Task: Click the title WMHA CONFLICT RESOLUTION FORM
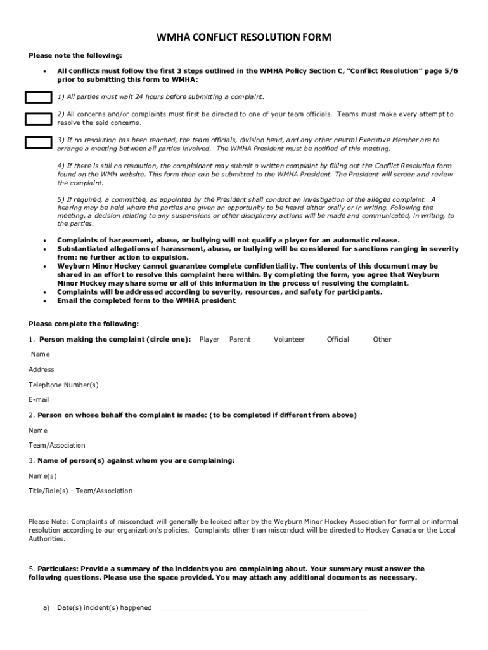[x=244, y=38]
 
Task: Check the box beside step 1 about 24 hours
[x=38, y=97]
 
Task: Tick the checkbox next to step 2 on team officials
[x=38, y=119]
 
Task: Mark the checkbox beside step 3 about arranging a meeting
[x=38, y=142]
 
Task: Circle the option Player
[x=209, y=340]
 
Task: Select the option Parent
[x=240, y=340]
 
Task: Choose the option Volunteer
[x=289, y=340]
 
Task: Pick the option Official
[x=338, y=340]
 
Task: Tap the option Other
[x=382, y=340]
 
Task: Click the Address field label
[x=41, y=369]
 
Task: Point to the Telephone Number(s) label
[x=63, y=385]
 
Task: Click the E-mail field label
[x=39, y=400]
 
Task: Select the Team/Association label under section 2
[x=56, y=446]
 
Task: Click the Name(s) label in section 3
[x=42, y=475]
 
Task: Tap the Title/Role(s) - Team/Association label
[x=80, y=491]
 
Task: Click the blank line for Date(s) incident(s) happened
[x=263, y=608]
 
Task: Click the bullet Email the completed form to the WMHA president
[x=146, y=300]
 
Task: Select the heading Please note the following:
[x=75, y=56]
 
